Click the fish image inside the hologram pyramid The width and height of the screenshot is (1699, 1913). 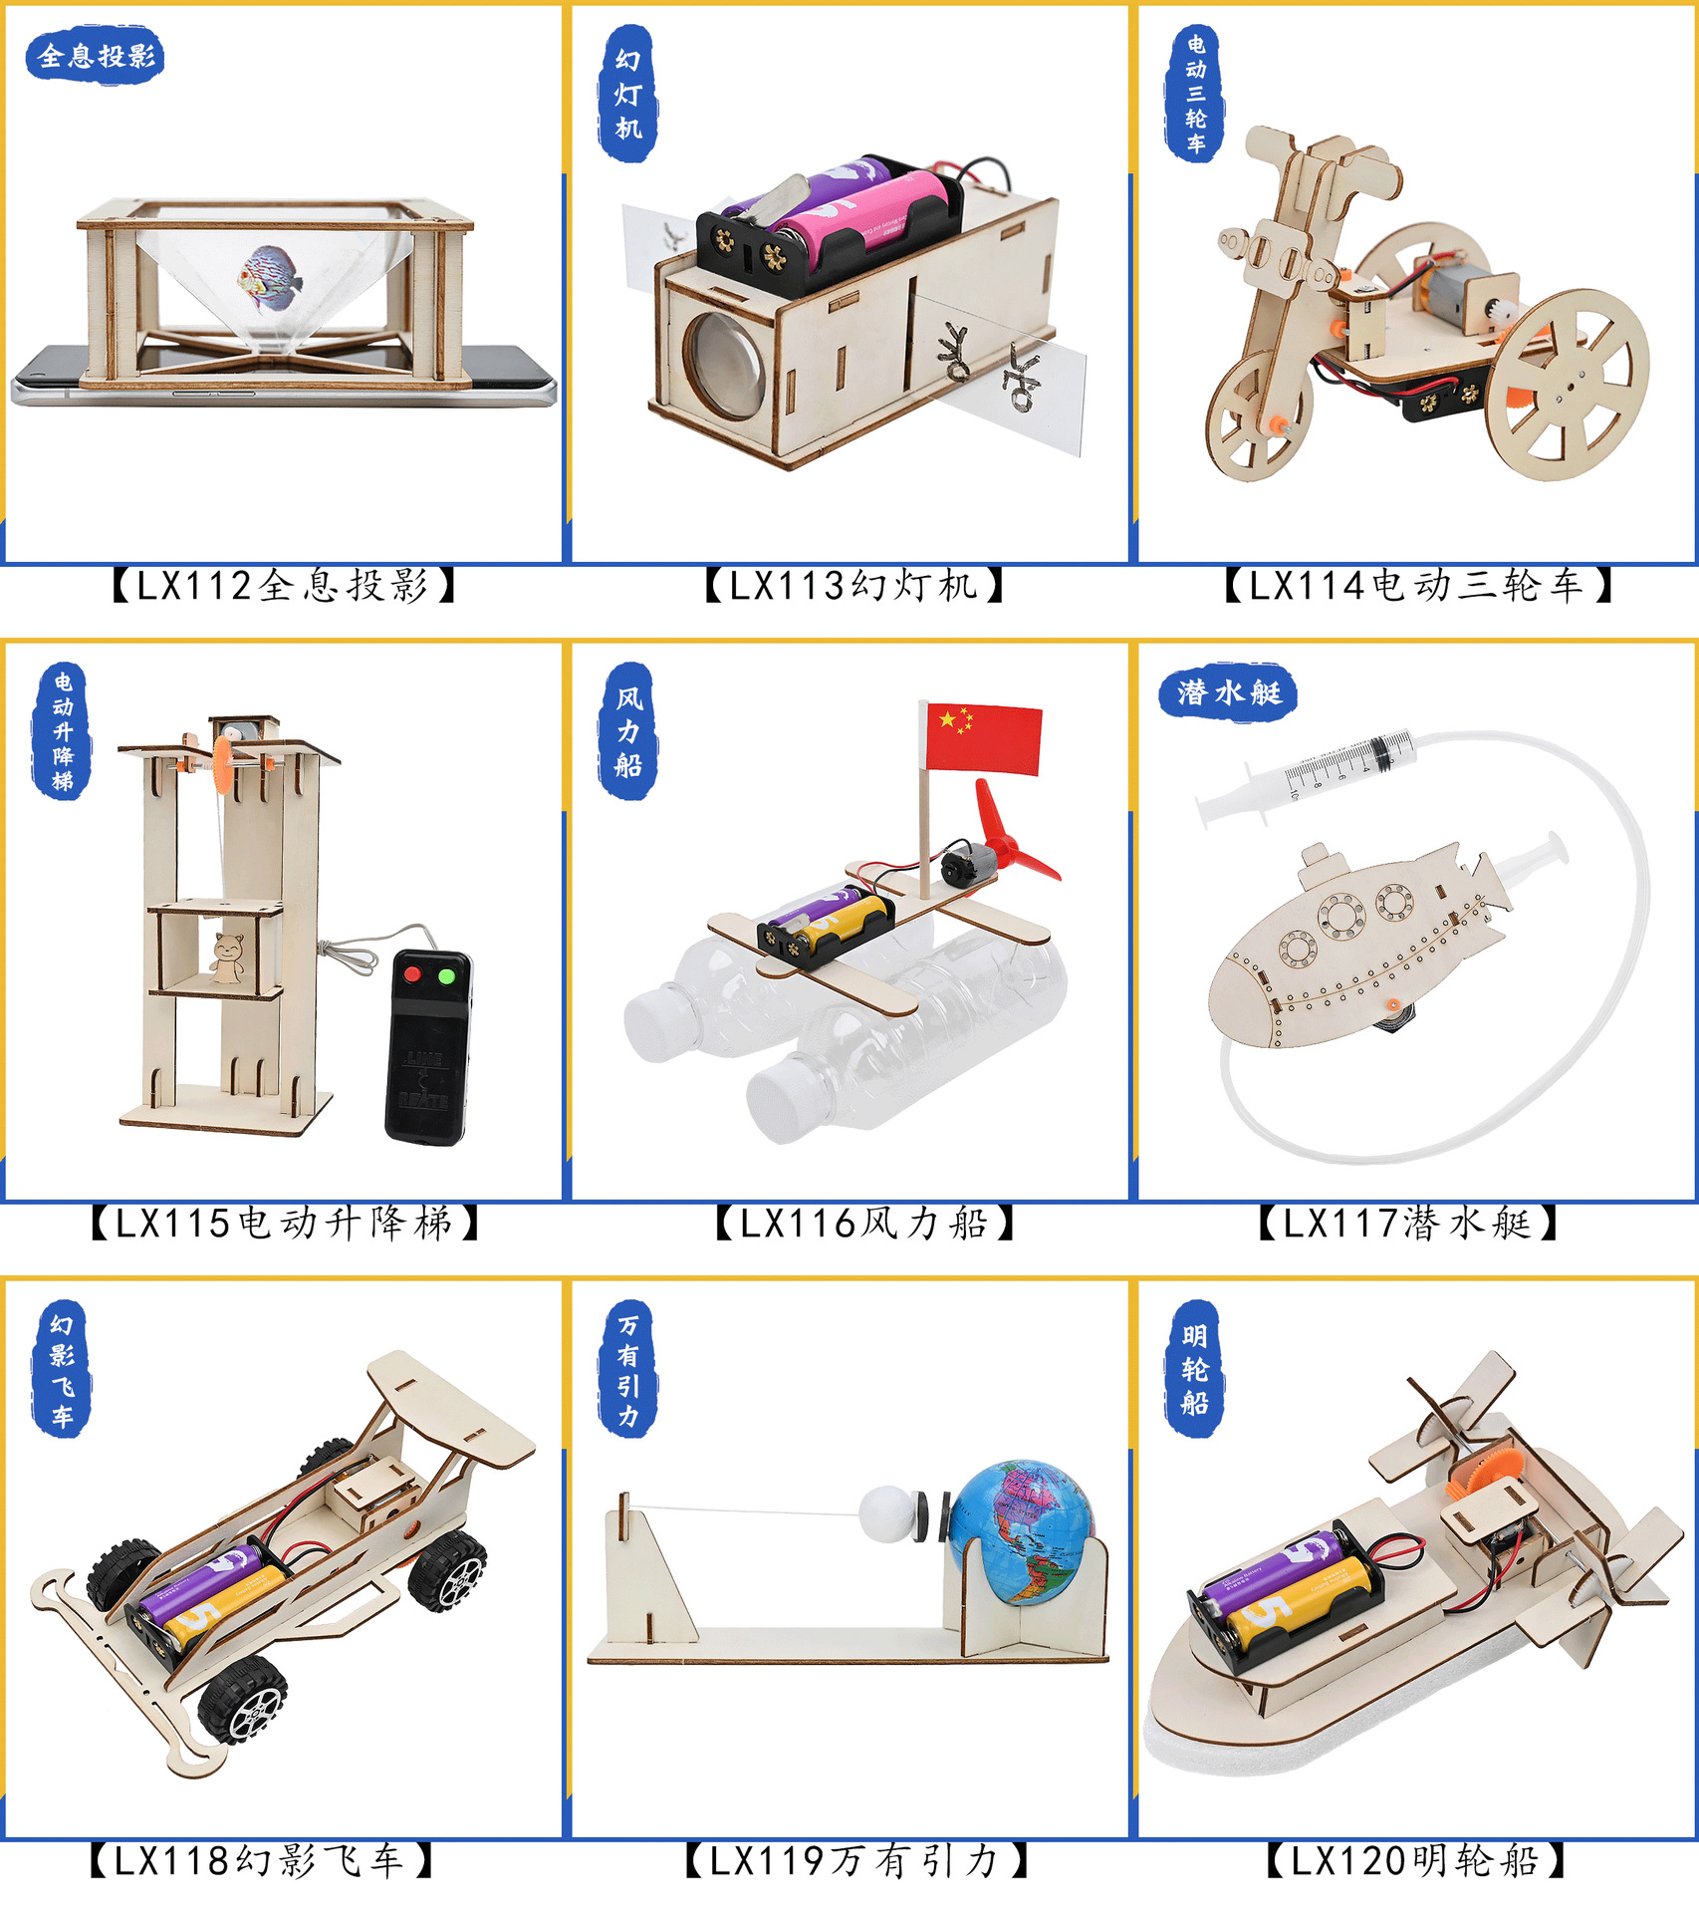(270, 279)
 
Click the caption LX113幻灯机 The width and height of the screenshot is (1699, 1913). (854, 585)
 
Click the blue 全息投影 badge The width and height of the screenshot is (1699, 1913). (95, 56)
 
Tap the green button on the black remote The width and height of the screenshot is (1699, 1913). (447, 975)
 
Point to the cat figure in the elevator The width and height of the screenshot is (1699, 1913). (228, 957)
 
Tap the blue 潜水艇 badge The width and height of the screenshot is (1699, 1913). (1228, 691)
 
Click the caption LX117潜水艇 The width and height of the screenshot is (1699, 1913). (1407, 1223)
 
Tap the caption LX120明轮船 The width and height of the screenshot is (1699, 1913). (1415, 1860)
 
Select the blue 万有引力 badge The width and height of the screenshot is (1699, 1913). (627, 1368)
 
